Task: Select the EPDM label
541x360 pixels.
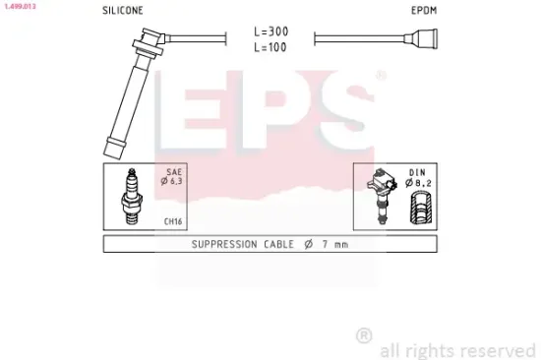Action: (423, 11)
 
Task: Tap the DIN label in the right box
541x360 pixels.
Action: (418, 172)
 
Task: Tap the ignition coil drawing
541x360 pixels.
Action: (382, 198)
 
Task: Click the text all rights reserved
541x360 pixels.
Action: (456, 349)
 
